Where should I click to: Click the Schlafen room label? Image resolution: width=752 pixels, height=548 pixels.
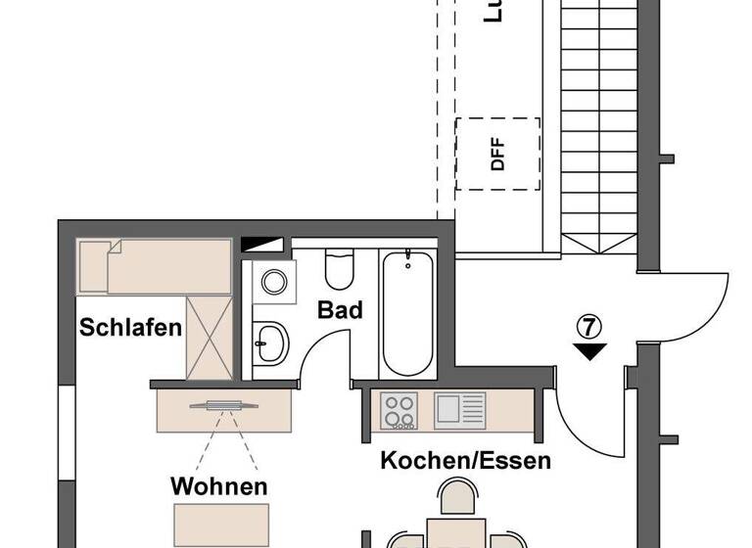pos(131,327)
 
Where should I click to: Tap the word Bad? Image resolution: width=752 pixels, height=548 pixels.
pos(340,311)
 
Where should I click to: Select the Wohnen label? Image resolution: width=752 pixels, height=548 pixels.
pos(219,486)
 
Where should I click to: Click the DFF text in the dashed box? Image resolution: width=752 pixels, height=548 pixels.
pos(498,156)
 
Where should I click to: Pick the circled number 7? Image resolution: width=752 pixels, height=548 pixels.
pos(590,326)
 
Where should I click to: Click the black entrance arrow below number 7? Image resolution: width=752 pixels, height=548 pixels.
pos(590,350)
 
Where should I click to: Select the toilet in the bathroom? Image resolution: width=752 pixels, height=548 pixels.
pos(339,269)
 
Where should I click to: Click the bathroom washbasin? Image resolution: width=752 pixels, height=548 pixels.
pos(272,342)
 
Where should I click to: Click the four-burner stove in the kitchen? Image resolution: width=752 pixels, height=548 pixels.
pos(399,409)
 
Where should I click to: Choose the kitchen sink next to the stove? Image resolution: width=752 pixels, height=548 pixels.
pos(459,408)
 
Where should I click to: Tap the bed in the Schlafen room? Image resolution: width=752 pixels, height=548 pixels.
pos(155,265)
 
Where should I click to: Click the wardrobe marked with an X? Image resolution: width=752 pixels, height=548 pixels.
pos(209,336)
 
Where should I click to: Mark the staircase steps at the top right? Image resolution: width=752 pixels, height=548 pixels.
pos(597,127)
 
